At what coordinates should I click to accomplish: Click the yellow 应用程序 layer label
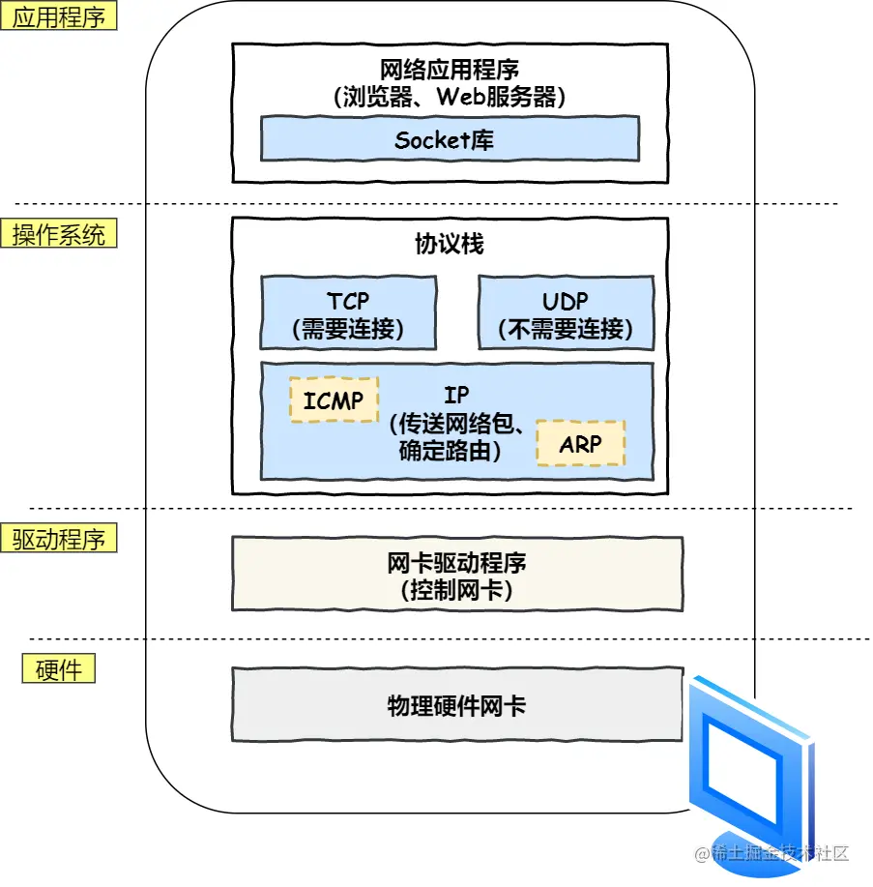(59, 16)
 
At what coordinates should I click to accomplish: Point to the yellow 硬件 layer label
(59, 668)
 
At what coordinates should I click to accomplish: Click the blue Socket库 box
(450, 139)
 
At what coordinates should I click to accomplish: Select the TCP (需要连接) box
(347, 313)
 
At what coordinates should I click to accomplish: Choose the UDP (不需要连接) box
(566, 313)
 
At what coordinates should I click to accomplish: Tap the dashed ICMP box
(334, 400)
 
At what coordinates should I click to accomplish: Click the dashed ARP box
(580, 443)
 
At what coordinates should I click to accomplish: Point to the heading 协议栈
(450, 244)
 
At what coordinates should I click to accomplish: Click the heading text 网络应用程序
(450, 70)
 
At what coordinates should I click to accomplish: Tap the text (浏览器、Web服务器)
(450, 96)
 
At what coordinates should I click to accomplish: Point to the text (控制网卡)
(456, 590)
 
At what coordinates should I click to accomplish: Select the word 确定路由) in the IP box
(451, 451)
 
